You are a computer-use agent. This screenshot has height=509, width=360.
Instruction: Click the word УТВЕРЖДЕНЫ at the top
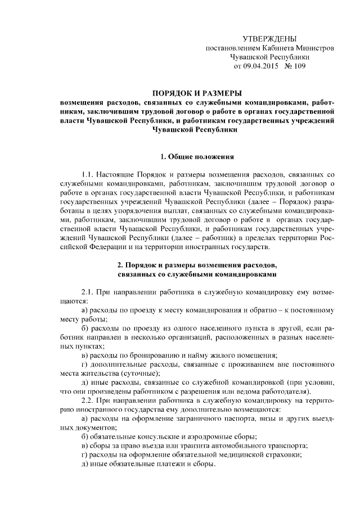[x=269, y=38]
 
